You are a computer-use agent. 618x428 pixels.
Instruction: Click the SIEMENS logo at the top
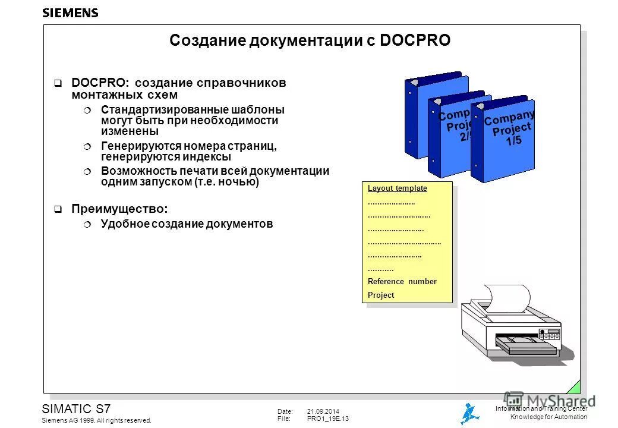point(70,12)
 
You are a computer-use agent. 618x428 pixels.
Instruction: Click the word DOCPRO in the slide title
point(414,40)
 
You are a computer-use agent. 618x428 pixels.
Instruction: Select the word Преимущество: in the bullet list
point(119,209)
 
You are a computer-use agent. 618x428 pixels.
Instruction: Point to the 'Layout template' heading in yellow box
point(397,188)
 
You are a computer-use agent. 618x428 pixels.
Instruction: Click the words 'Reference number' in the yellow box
point(402,282)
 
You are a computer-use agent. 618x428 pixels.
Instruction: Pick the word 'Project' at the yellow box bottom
point(381,295)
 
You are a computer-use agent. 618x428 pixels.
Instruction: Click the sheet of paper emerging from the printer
point(506,298)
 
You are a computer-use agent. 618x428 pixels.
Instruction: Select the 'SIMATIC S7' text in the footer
point(75,408)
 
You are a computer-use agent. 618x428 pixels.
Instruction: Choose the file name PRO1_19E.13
point(328,419)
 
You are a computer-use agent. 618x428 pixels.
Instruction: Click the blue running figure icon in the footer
point(469,413)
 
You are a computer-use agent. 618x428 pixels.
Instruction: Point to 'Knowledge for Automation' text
point(548,417)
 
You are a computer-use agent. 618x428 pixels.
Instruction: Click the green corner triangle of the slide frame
point(574,387)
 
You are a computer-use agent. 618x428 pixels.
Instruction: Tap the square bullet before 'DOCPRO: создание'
point(58,83)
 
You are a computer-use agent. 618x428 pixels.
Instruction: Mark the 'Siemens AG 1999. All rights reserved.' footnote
point(96,420)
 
